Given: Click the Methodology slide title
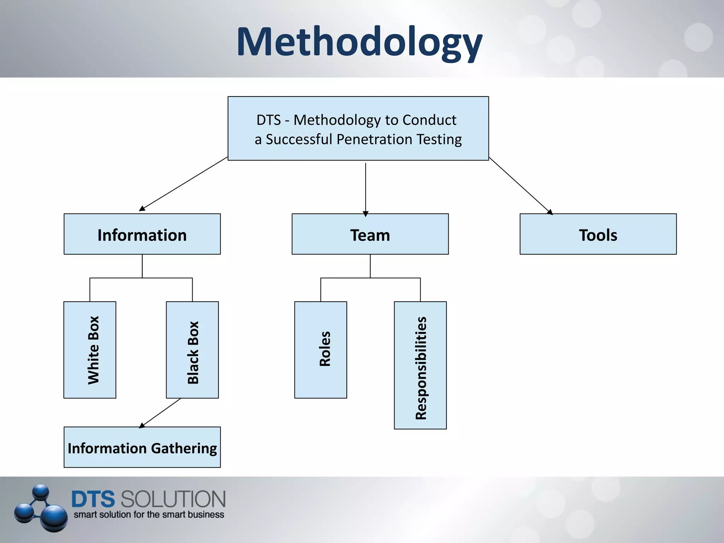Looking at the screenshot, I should tap(359, 42).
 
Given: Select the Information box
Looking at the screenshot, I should tap(142, 234).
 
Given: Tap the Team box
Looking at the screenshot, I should tap(370, 234).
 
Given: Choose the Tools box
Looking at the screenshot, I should tap(598, 234).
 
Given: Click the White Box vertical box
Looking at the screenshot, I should tap(90, 350).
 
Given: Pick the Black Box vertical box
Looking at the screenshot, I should tap(192, 350).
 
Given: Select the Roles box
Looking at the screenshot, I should tap(321, 350).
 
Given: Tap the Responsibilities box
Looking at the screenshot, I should tap(420, 365).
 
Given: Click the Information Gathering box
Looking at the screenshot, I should tap(142, 447).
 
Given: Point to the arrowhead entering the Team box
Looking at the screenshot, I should tap(366, 214).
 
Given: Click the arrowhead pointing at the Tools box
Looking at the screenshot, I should tap(550, 212).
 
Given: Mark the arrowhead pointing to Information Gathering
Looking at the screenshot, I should tap(142, 425).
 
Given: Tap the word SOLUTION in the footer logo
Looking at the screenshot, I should tap(173, 499).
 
